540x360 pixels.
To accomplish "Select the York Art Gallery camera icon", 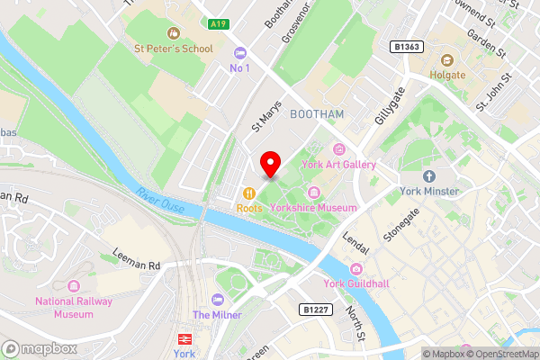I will pyautogui.click(x=339, y=149).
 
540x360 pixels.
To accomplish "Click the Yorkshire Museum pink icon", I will pyautogui.click(x=314, y=192).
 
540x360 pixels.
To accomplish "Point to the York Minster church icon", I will pyautogui.click(x=429, y=175).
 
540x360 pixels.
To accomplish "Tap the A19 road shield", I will pyautogui.click(x=217, y=24).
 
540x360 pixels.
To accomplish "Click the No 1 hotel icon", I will pyautogui.click(x=239, y=52).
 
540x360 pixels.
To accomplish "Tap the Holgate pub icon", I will pyautogui.click(x=445, y=59).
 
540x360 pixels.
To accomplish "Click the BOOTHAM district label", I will pyautogui.click(x=317, y=114).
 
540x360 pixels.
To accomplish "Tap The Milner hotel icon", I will pyautogui.click(x=216, y=299).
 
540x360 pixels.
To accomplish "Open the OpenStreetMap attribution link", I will pyautogui.click(x=500, y=354).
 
